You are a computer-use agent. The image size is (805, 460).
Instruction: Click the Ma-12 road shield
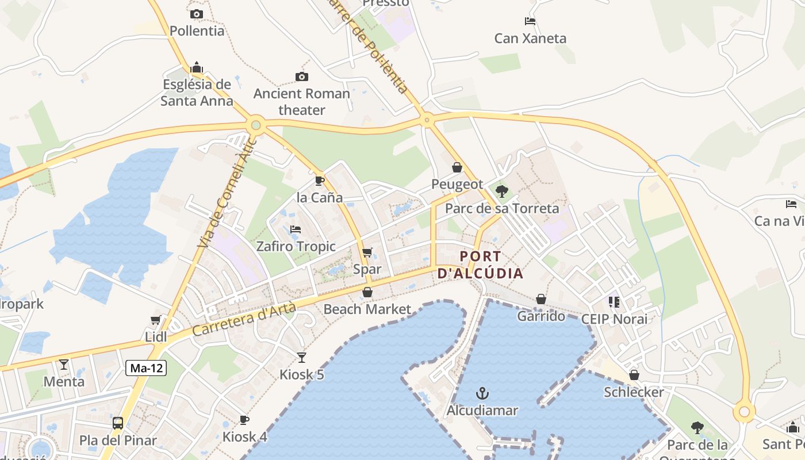click(x=146, y=369)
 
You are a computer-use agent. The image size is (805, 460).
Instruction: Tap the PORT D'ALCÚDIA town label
click(x=481, y=264)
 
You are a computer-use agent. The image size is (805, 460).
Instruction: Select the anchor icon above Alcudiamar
click(x=482, y=394)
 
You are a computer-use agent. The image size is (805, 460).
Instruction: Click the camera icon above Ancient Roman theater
click(x=301, y=76)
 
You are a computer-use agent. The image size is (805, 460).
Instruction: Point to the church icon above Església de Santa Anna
click(x=197, y=67)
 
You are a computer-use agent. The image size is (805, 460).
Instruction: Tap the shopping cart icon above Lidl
click(x=155, y=320)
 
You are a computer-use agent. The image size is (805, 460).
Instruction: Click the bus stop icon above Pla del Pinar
click(x=118, y=423)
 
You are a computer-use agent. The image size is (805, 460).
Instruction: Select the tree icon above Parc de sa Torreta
click(x=502, y=191)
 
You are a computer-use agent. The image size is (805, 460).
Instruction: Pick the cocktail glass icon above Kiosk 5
click(x=302, y=358)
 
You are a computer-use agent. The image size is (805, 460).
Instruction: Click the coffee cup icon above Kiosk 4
click(x=244, y=420)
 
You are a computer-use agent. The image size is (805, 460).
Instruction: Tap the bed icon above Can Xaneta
click(x=530, y=22)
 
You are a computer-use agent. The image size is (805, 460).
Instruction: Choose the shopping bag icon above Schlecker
click(x=634, y=375)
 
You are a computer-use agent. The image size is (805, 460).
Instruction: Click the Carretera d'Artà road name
click(x=244, y=320)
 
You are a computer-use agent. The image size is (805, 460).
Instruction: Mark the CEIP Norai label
click(x=614, y=319)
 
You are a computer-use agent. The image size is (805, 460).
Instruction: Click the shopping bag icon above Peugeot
click(x=457, y=167)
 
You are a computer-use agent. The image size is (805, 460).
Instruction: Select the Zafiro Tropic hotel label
click(x=296, y=246)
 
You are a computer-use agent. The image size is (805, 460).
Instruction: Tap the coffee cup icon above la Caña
click(x=320, y=181)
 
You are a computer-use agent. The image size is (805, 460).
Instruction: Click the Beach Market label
click(x=367, y=309)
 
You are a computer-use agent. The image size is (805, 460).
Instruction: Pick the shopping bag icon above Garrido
click(x=541, y=299)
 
